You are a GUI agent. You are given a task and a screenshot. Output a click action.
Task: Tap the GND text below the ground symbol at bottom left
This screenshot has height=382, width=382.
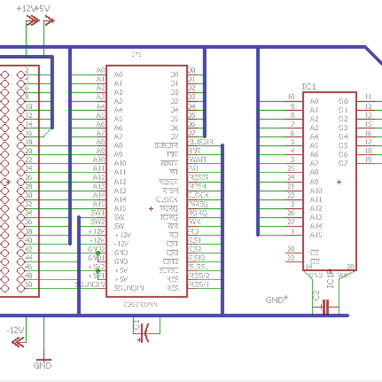tap(42, 366)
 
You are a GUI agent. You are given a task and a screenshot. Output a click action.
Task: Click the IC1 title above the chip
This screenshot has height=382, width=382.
tap(309, 86)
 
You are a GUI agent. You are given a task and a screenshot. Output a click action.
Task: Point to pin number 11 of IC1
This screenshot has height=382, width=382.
tap(369, 97)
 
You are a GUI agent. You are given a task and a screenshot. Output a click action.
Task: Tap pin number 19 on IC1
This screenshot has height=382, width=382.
tap(369, 159)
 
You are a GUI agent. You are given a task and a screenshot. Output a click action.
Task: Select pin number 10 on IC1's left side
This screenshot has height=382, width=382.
tap(291, 97)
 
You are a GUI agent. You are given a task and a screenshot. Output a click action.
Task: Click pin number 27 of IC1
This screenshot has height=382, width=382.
tap(291, 222)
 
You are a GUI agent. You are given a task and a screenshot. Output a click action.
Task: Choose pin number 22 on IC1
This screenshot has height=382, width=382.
tap(291, 258)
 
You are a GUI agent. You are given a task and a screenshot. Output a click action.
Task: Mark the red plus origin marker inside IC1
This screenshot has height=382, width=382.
tap(339, 182)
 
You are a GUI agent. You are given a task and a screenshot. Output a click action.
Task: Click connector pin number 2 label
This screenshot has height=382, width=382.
tap(27, 70)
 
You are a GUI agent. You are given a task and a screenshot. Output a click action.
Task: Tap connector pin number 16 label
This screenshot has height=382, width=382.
tap(29, 132)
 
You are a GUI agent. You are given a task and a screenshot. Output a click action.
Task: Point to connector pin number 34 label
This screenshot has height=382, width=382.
tap(29, 213)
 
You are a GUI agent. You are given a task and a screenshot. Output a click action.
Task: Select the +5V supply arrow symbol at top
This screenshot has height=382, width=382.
tap(46, 22)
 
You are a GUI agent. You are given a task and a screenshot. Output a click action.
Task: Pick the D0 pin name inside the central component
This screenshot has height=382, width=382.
tap(174, 74)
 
